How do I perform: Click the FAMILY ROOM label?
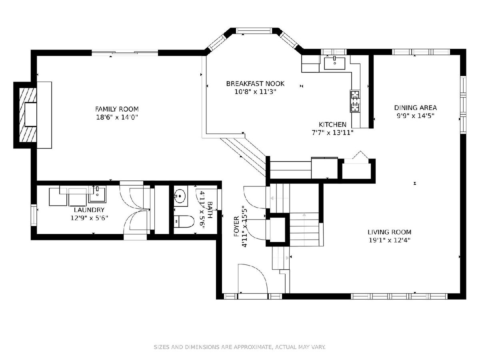pos(117,109)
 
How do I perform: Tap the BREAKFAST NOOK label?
pos(255,84)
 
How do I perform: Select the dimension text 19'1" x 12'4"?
pos(390,240)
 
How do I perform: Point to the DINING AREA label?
pos(415,108)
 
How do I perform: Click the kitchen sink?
pos(334,63)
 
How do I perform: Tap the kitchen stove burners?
pos(355,101)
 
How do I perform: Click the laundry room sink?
pos(97,194)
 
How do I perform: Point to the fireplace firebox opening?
pos(30,114)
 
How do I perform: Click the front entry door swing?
pos(252,279)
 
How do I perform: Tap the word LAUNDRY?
pos(89,210)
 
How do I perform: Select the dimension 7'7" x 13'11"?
pos(332,132)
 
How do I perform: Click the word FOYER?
pos(237,226)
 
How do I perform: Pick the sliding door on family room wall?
pos(125,53)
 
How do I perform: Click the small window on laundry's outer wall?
pos(34,215)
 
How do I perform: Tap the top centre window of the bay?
pos(254,31)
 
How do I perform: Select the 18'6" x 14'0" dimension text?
pos(117,117)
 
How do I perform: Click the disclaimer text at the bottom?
pos(240,347)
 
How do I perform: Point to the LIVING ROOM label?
pos(389,232)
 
